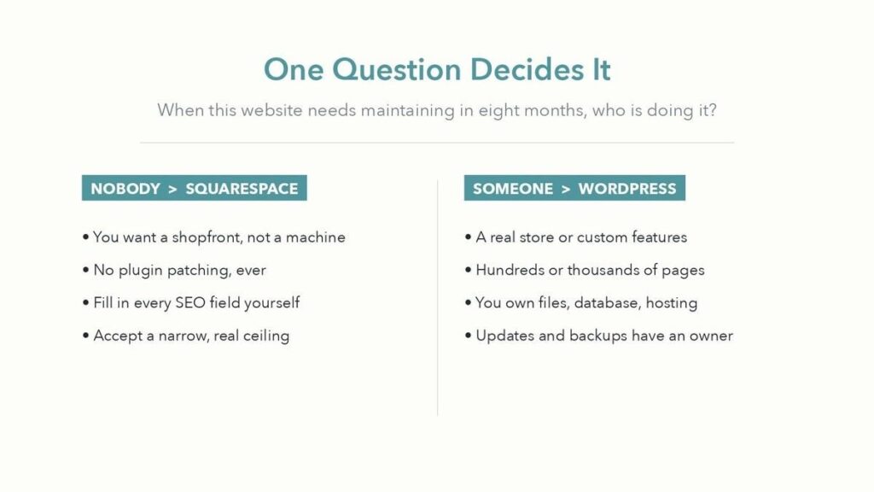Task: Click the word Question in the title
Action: coord(396,70)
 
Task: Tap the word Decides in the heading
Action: coord(520,70)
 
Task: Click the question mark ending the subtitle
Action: coord(712,109)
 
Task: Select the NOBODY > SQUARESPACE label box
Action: coord(194,188)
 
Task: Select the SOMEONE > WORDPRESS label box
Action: coord(574,188)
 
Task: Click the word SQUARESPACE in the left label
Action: coord(242,189)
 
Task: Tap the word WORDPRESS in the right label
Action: coord(627,189)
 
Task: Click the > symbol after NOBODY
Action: coord(172,189)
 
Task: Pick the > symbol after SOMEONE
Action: coord(566,189)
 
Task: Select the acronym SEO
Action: coord(190,303)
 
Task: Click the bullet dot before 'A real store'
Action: coord(469,237)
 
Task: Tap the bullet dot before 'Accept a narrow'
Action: coord(86,336)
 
